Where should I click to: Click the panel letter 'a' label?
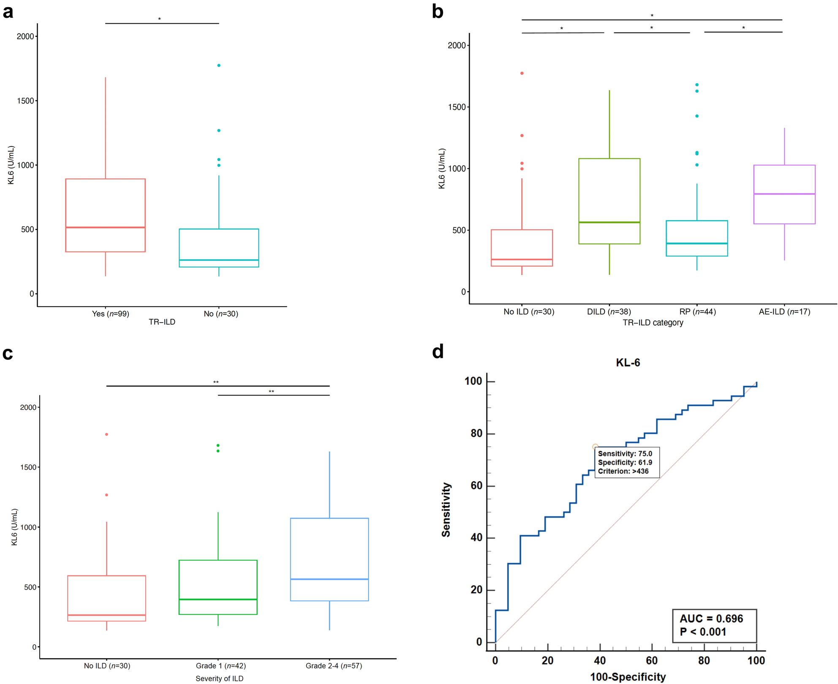(x=8, y=12)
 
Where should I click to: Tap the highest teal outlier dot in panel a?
(x=219, y=65)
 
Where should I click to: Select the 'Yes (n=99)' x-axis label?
(x=111, y=314)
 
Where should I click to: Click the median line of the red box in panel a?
(x=106, y=228)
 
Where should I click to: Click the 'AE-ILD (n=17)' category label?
(x=784, y=312)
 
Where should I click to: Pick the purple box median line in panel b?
(x=784, y=194)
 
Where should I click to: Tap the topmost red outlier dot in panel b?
(x=522, y=73)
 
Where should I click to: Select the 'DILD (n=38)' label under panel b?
(x=609, y=312)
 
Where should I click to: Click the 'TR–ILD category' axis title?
(x=653, y=323)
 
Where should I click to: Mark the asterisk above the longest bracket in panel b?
(x=652, y=16)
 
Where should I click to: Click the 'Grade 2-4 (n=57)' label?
(x=334, y=666)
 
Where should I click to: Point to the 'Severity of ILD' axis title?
(x=219, y=679)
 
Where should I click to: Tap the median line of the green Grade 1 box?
(x=218, y=599)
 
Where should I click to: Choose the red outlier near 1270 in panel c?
(x=106, y=495)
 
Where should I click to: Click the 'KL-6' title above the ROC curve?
(x=628, y=363)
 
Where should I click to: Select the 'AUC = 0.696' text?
(x=711, y=619)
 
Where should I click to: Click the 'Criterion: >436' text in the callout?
(x=623, y=471)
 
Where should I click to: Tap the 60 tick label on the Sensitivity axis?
(x=476, y=486)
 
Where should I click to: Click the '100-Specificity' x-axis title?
(x=628, y=677)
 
